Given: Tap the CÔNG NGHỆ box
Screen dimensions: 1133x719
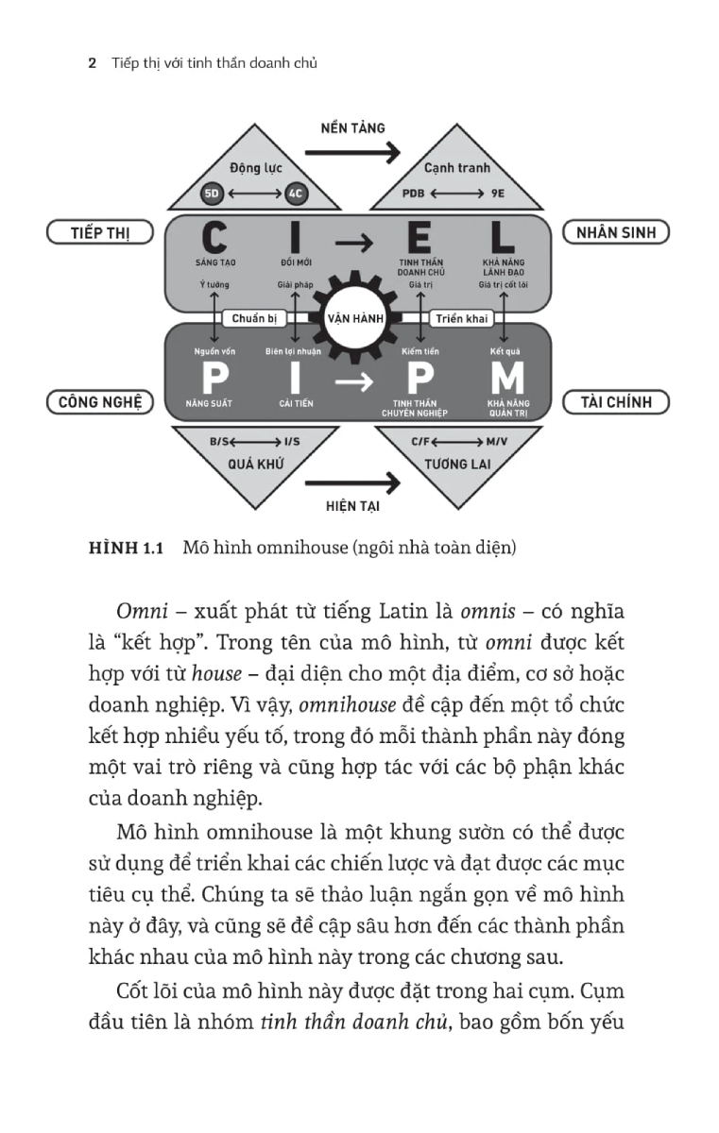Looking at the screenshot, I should (100, 402).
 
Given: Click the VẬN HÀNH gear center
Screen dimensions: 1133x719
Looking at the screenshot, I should (355, 318).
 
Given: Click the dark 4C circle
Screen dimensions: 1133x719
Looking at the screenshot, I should (296, 194).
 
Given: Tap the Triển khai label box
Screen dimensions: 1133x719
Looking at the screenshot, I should (461, 318).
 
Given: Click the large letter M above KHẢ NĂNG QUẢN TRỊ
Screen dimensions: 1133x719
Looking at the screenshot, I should (506, 378).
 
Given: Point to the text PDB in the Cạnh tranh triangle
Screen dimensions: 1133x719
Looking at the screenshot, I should (414, 194).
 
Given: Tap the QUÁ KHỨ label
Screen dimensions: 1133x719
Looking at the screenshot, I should (255, 464).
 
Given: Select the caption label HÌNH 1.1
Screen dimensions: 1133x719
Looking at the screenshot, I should (127, 547).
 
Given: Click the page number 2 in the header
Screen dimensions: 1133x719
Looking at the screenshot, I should (92, 63).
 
